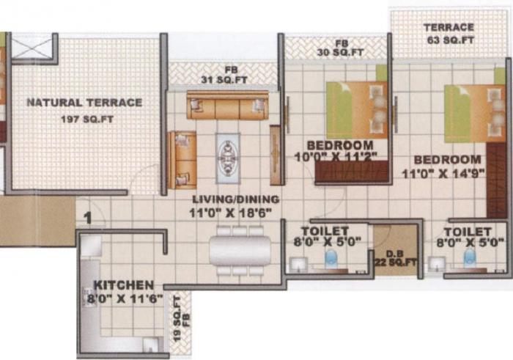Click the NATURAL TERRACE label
tap(84, 103)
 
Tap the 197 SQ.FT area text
tap(84, 120)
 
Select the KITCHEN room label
tap(123, 284)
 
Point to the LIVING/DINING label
tap(235, 199)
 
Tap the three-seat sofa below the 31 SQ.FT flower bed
tap(227, 106)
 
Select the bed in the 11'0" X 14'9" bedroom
tap(475, 113)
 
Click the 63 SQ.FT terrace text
tap(449, 41)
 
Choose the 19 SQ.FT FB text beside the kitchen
tap(182, 312)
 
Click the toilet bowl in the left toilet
tap(331, 259)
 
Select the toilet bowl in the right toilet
tap(470, 259)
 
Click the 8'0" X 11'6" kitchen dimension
tap(123, 298)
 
